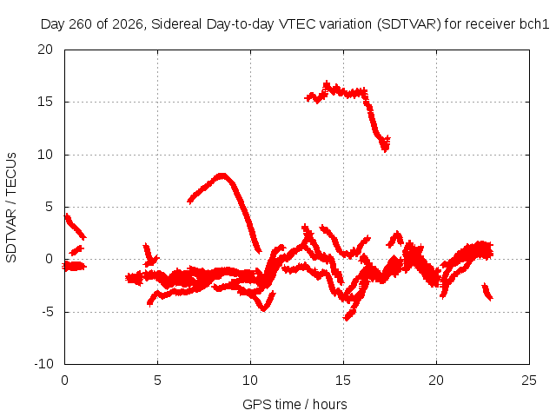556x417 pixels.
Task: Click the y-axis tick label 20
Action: click(45, 50)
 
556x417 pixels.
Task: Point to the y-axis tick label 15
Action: click(45, 102)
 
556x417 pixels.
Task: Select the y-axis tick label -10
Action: click(43, 364)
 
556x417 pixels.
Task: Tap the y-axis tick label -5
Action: click(48, 312)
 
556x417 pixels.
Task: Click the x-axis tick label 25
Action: click(529, 381)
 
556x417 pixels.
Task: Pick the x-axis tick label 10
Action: click(250, 381)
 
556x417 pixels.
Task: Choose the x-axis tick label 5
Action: click(157, 381)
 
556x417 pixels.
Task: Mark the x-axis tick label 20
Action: click(436, 381)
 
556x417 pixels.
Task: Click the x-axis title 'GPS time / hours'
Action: click(295, 405)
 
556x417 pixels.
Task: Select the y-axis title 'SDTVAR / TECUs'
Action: click(11, 208)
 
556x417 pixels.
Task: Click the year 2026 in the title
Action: click(128, 24)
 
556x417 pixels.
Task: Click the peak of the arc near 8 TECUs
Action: click(222, 175)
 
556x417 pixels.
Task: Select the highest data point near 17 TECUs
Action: click(327, 84)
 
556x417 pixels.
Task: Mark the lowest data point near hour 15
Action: click(347, 318)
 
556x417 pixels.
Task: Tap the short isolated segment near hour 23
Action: click(487, 292)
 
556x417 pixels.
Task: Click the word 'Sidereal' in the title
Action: click(176, 24)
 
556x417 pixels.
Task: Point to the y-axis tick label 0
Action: click(50, 259)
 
